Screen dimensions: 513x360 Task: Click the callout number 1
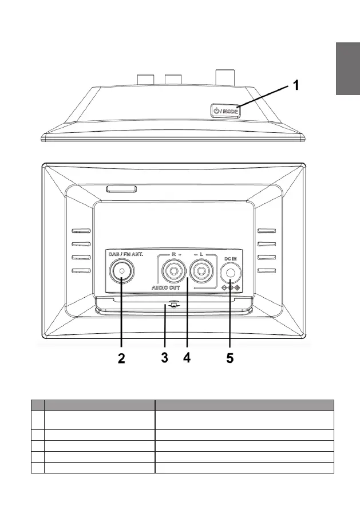click(296, 86)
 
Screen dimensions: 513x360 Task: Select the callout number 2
click(121, 359)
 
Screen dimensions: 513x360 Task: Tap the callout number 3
click(164, 359)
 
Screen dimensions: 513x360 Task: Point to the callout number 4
click(187, 359)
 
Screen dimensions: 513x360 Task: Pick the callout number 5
click(230, 359)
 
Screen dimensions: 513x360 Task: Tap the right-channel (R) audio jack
click(172, 271)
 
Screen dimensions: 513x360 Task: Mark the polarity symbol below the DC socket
click(230, 288)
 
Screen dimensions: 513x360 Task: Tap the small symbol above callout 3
click(172, 305)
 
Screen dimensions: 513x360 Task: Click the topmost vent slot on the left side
click(81, 232)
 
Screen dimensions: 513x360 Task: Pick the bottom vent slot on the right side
click(267, 270)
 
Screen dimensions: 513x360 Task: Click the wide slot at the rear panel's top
click(121, 188)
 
